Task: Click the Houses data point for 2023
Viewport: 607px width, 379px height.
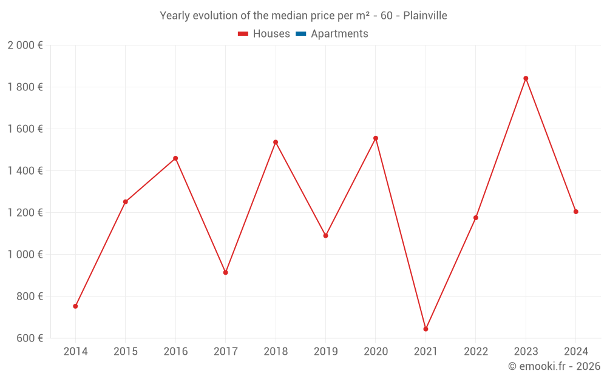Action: pyautogui.click(x=526, y=78)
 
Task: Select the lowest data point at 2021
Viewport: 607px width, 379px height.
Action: pyautogui.click(x=426, y=329)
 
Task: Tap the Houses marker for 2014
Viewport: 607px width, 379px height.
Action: pyautogui.click(x=75, y=306)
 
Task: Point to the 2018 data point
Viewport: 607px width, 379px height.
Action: pyautogui.click(x=276, y=143)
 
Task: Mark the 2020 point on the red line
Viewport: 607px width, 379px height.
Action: pyautogui.click(x=376, y=138)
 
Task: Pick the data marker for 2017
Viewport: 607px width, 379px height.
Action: pyautogui.click(x=225, y=273)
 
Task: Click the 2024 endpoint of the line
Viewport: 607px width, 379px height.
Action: pyautogui.click(x=575, y=212)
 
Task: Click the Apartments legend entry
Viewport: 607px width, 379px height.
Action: pyautogui.click(x=339, y=34)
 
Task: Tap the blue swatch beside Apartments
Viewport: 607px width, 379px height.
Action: pyautogui.click(x=300, y=34)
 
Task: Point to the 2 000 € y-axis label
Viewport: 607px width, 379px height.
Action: pyautogui.click(x=25, y=45)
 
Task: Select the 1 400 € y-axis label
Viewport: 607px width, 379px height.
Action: pyautogui.click(x=25, y=171)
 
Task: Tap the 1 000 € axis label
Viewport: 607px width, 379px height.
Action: pyautogui.click(x=25, y=255)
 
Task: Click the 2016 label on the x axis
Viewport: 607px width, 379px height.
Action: pyautogui.click(x=175, y=352)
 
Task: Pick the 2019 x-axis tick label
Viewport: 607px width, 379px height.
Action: pyautogui.click(x=325, y=352)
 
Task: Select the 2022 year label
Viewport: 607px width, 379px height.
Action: pyautogui.click(x=476, y=352)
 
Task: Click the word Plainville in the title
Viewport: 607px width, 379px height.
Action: pyautogui.click(x=425, y=16)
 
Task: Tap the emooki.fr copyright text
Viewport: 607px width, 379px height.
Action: pyautogui.click(x=554, y=366)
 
